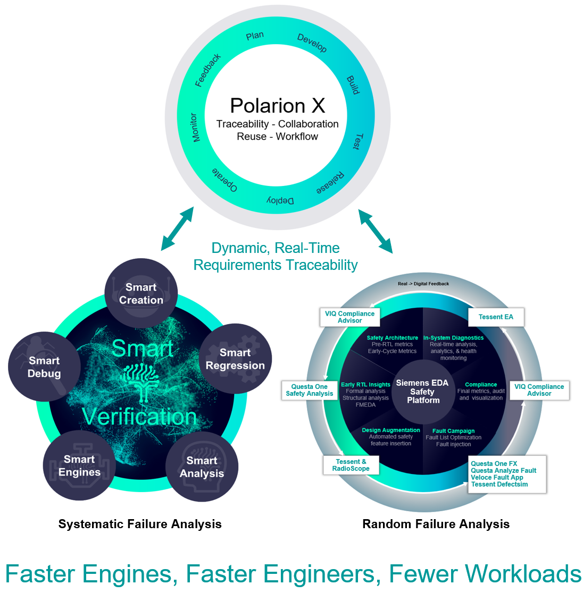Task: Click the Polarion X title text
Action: coord(277,106)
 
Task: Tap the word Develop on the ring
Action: coord(312,43)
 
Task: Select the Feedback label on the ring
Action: coord(208,70)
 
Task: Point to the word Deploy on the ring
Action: coord(280,200)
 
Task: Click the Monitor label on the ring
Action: coord(195,128)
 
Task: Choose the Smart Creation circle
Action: coord(141,294)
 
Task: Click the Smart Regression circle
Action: coord(235,359)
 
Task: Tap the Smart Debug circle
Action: coord(44,367)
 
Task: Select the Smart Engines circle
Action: coord(79,465)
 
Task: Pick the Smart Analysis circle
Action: coord(202,467)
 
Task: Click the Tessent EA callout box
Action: coord(496,317)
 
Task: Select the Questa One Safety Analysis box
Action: coord(310,390)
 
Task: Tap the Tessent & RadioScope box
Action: coord(351,465)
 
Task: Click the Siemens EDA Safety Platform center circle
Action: coord(422,391)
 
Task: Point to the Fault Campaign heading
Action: coord(453,431)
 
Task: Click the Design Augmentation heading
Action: coord(391,430)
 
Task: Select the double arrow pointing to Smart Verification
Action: coord(177,228)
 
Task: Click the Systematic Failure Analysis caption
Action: coord(140,524)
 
